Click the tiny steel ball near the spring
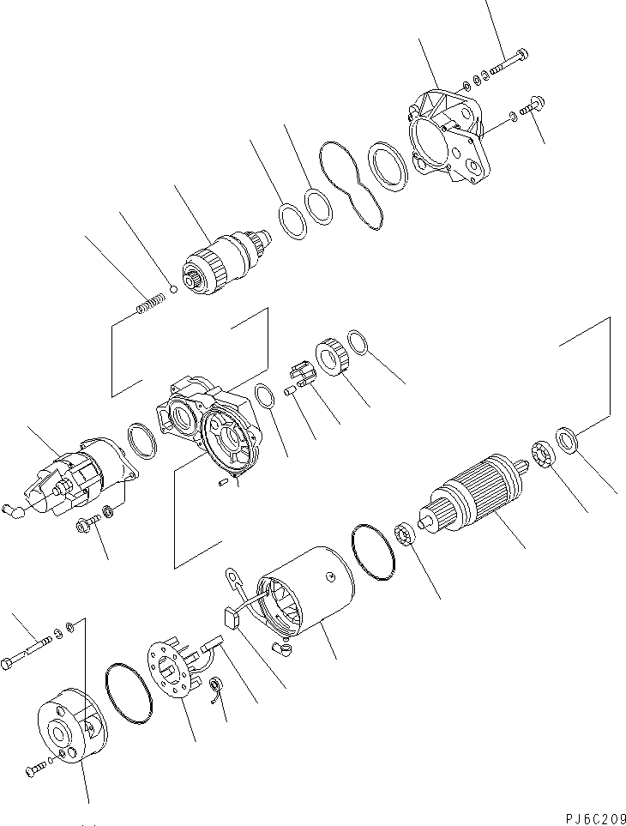(174, 289)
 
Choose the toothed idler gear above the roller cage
(333, 356)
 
